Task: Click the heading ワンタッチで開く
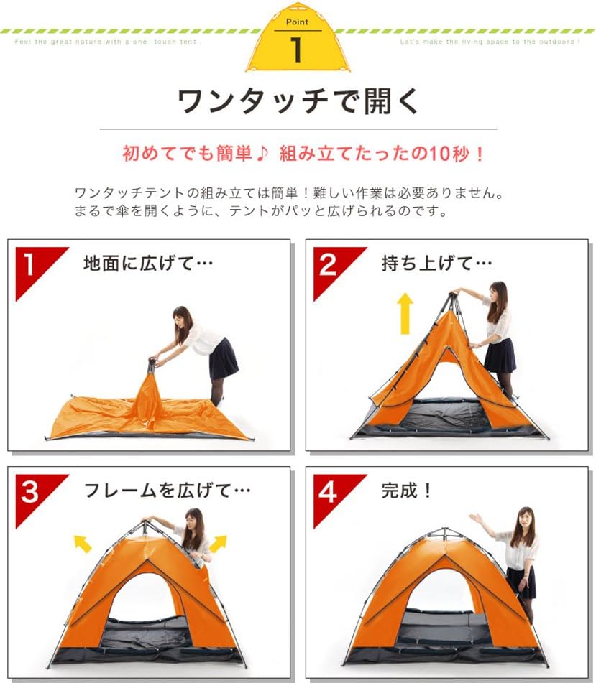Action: tap(298, 101)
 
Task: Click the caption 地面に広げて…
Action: tap(148, 264)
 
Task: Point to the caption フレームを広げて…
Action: tap(167, 491)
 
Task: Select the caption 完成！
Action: tap(407, 491)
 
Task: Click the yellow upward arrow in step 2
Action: tap(405, 313)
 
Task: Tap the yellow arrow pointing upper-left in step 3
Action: tap(83, 544)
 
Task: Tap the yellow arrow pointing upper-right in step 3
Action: tap(218, 544)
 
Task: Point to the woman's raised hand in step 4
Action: tap(475, 518)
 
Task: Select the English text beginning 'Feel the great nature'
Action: tap(108, 42)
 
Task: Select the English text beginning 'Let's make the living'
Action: tap(490, 42)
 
